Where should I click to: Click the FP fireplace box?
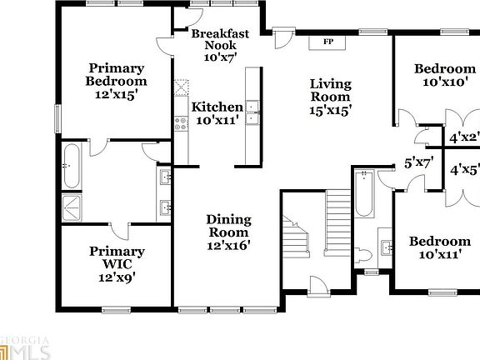coord(327,42)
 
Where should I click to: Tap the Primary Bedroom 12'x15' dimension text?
coord(115,95)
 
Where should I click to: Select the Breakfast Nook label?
coord(220,39)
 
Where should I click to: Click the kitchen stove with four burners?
coord(181,123)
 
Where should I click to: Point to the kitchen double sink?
coord(252,113)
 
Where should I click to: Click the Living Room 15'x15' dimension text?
coord(330,110)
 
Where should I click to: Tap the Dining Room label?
coord(228,226)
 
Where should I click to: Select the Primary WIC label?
coord(117,257)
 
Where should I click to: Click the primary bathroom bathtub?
coord(72,166)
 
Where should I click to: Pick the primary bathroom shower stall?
coord(72,207)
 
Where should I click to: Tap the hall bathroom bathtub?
coord(364,193)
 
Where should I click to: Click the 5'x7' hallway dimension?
coord(418,162)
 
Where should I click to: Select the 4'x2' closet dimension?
coord(464,137)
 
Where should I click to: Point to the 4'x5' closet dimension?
coord(465,170)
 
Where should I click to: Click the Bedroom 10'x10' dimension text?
coord(445,82)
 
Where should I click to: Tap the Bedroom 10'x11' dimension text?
coord(440,254)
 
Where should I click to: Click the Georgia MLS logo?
coord(24,348)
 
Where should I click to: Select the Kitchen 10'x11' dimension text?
coord(217,120)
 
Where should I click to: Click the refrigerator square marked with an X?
coord(182,87)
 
